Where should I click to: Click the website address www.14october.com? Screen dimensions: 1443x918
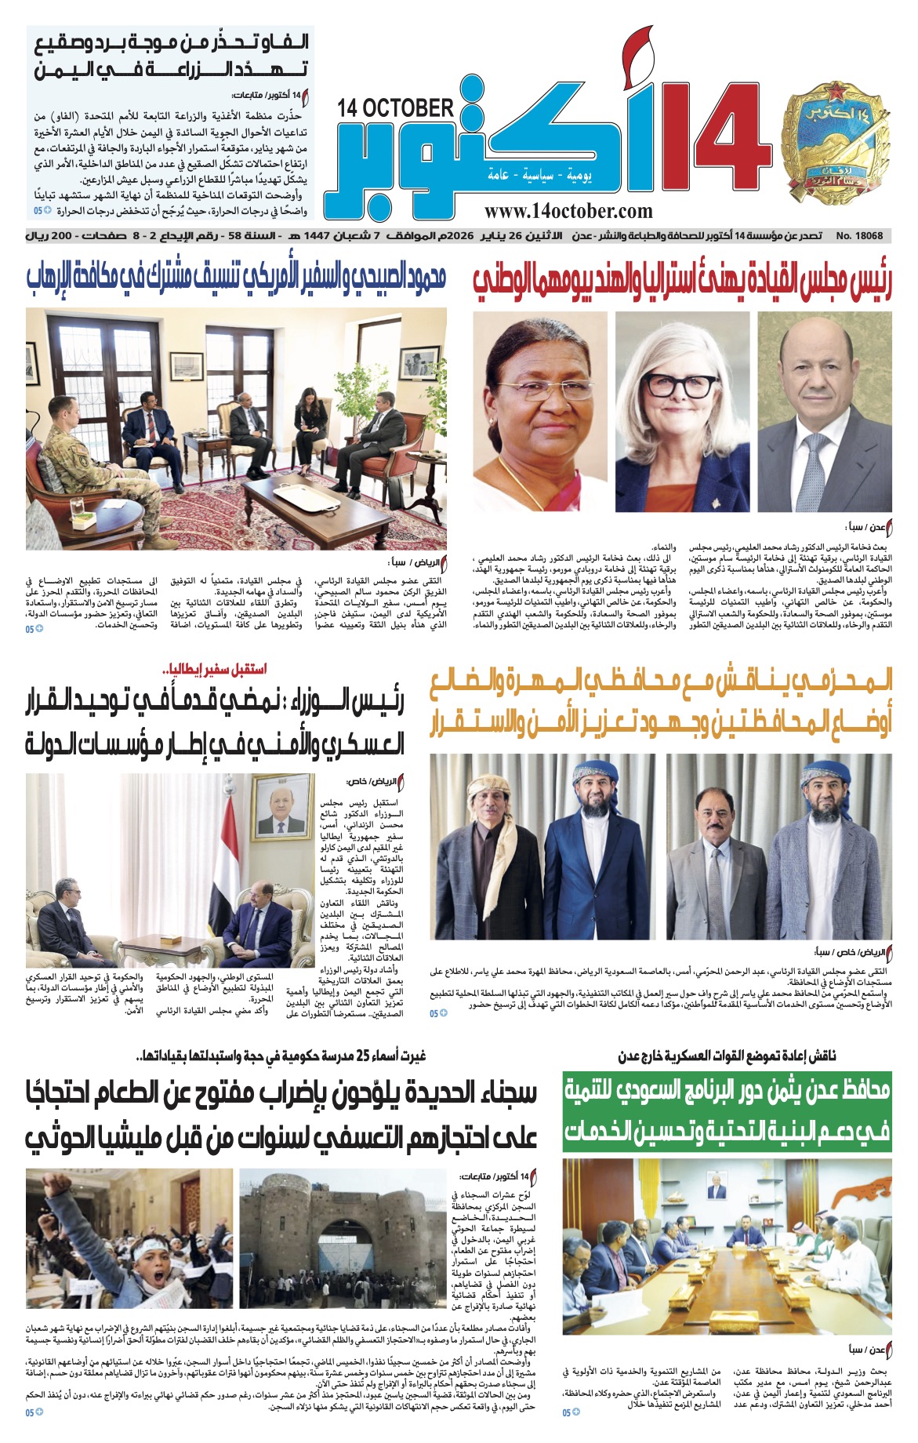pos(568,211)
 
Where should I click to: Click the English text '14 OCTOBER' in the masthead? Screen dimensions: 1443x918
pos(396,108)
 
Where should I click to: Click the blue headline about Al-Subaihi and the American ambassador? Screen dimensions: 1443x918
pos(236,278)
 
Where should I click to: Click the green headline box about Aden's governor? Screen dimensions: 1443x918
pos(727,1110)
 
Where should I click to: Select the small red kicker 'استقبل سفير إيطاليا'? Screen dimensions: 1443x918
pos(213,669)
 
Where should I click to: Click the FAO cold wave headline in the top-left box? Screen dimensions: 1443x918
pos(171,55)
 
